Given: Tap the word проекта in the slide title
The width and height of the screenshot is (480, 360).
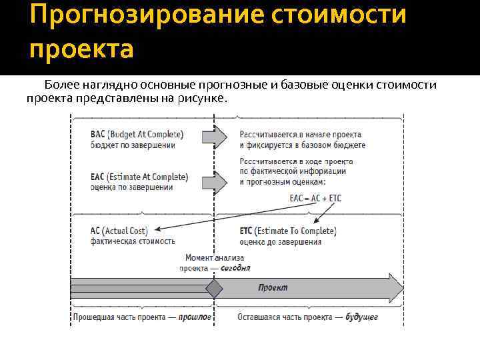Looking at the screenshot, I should click(x=81, y=49).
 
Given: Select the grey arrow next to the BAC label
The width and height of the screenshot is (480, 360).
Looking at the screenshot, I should click(x=214, y=138).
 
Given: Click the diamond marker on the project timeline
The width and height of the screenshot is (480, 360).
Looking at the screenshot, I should click(x=213, y=289).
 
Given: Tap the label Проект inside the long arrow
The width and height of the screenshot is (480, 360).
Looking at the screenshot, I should click(x=273, y=288).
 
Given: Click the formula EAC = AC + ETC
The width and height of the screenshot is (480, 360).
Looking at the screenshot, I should click(x=315, y=198).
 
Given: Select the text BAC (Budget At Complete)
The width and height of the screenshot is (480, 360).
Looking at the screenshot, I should click(x=137, y=134).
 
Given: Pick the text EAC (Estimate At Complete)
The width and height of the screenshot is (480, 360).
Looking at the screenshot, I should click(x=139, y=177).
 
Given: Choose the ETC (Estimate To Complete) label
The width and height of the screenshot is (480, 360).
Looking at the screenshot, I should click(x=288, y=231).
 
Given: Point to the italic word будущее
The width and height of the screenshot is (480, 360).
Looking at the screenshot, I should click(x=361, y=317).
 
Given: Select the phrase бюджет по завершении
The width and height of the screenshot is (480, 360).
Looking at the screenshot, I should click(x=133, y=145).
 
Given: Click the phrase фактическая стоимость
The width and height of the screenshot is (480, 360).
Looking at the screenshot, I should click(x=133, y=241).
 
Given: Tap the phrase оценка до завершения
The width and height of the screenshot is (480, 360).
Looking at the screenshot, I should click(x=280, y=241).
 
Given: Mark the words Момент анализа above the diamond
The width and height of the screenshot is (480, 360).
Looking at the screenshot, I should click(x=215, y=258).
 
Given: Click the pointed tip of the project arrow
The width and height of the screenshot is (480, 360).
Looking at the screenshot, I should click(x=402, y=289).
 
